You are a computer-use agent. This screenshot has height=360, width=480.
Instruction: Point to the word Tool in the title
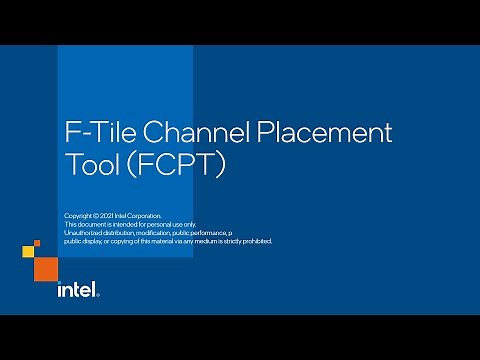pyautogui.click(x=90, y=165)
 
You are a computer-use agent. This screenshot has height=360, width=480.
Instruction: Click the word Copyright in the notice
pyautogui.click(x=76, y=216)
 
